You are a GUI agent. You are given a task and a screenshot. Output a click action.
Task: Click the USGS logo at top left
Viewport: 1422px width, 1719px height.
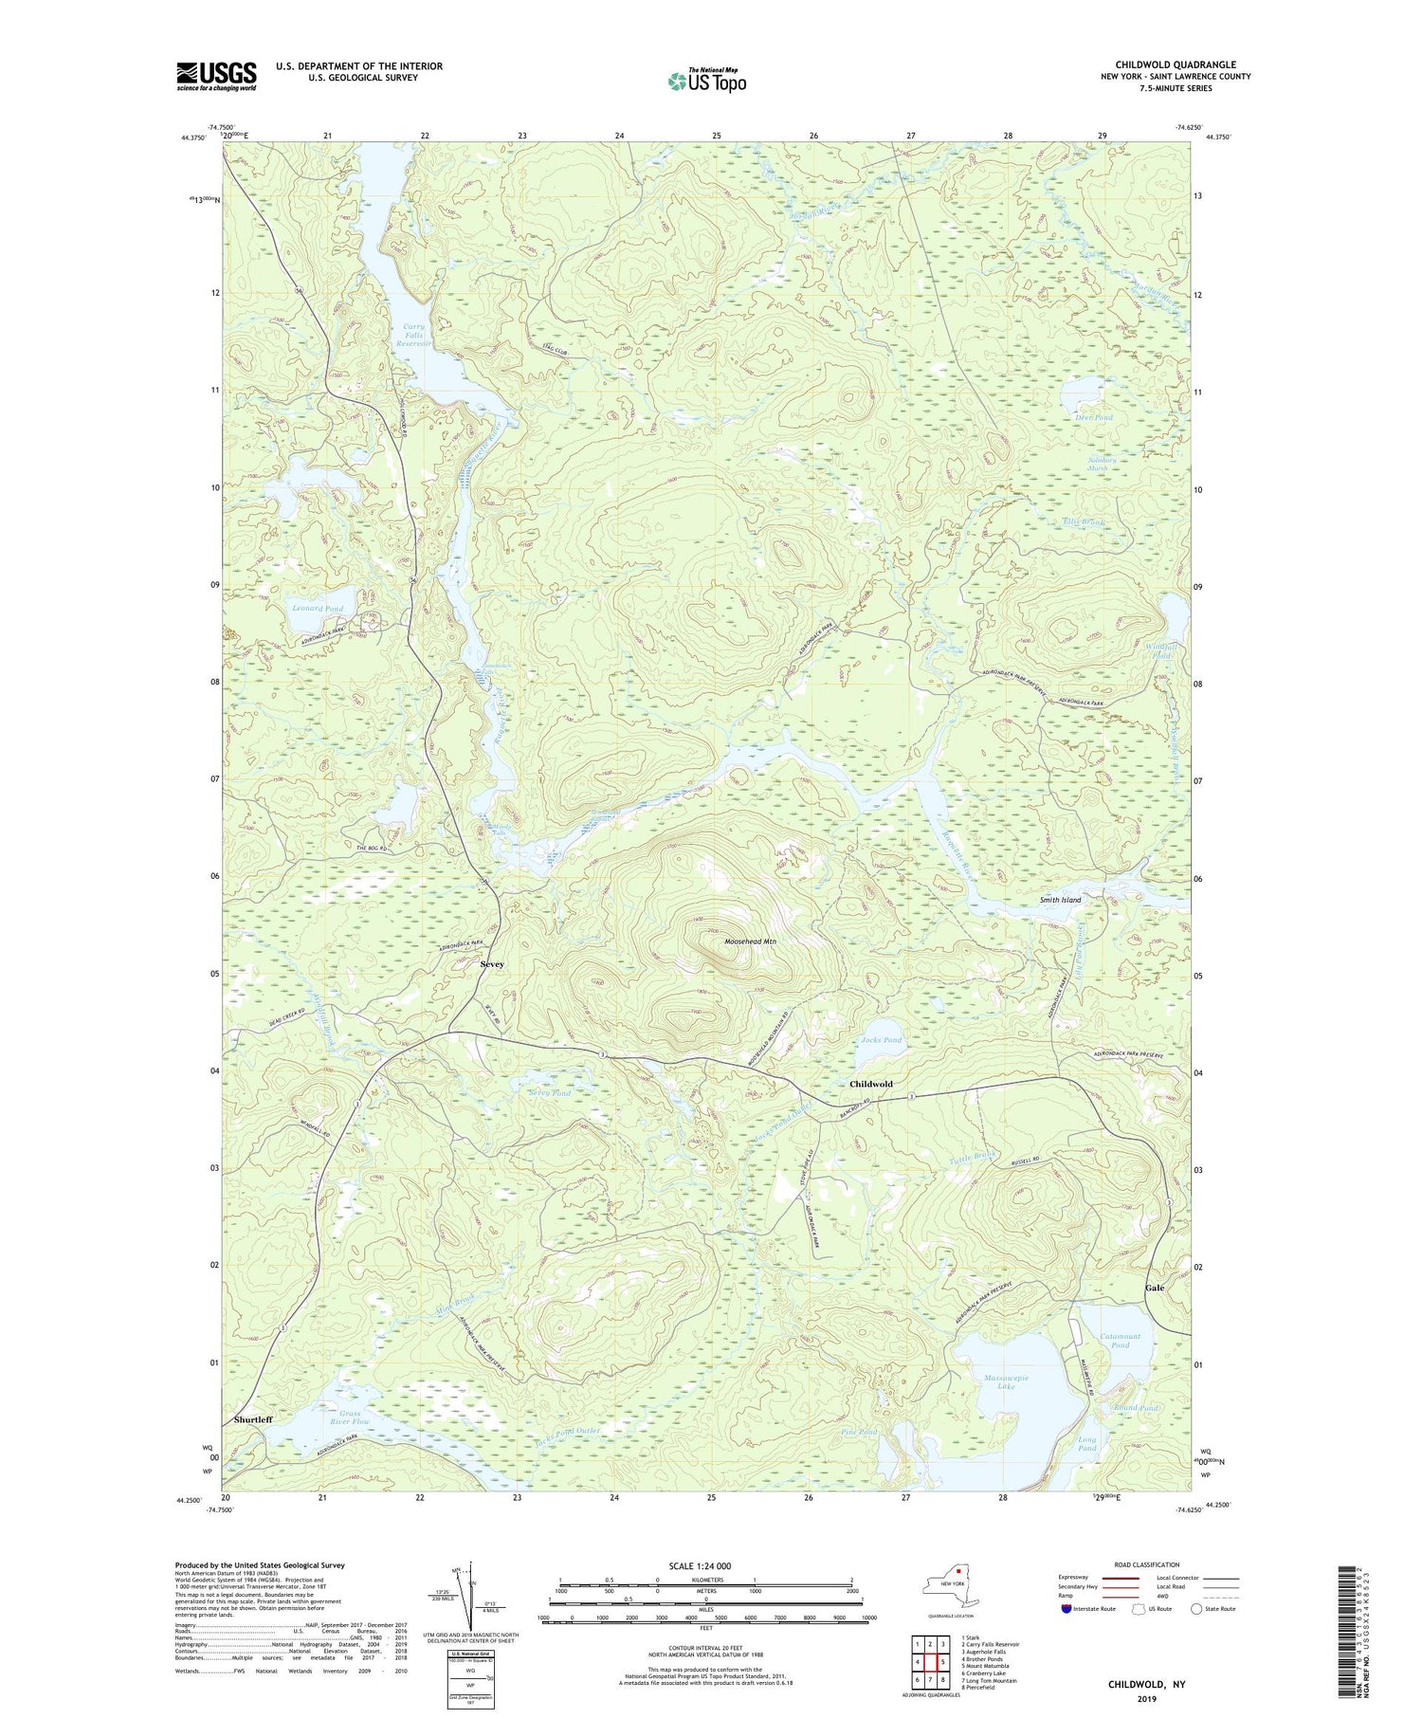coord(216,76)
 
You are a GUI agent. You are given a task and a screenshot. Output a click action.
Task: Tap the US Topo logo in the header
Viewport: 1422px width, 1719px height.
coord(706,81)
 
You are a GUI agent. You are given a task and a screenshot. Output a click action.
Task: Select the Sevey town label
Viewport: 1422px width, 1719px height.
coord(492,964)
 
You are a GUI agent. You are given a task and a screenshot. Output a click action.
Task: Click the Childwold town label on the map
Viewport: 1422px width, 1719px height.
coord(870,1083)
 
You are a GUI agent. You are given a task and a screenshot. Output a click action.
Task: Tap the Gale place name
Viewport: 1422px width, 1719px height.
coord(1154,1288)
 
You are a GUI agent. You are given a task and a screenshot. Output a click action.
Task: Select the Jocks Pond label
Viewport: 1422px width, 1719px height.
coord(881,1040)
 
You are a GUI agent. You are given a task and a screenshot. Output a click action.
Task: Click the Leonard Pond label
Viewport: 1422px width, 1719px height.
coord(318,608)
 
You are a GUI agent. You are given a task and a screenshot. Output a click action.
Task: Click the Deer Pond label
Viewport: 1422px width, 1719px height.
coord(1094,417)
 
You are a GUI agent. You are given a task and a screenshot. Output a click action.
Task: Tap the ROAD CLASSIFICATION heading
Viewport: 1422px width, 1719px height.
coord(1147,1564)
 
